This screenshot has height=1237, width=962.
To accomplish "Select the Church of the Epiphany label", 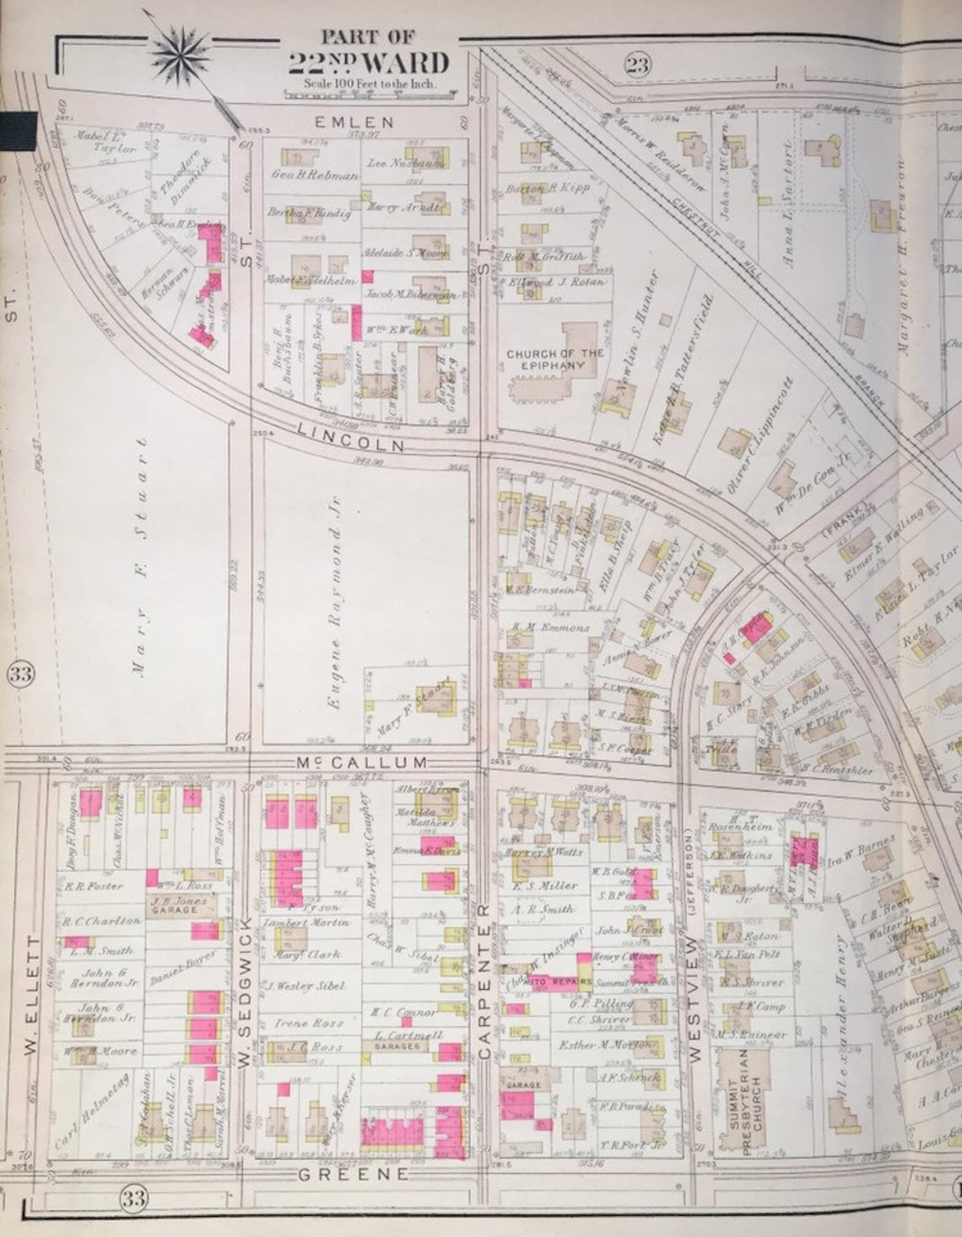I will (x=554, y=359).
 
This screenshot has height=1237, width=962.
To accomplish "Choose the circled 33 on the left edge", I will (x=21, y=674).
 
